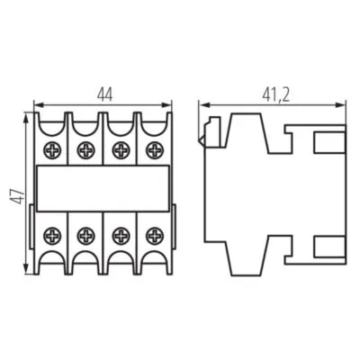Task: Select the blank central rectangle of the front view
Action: point(103,191)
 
